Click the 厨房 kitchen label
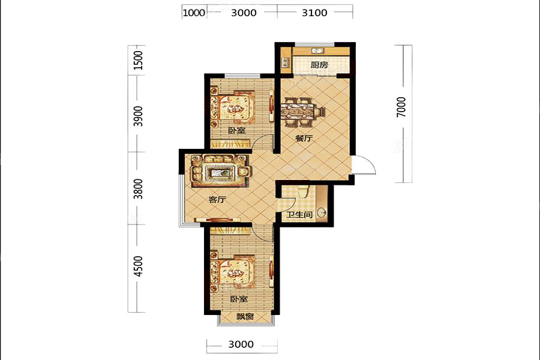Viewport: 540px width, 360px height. (319, 64)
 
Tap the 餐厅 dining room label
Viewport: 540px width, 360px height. (304, 139)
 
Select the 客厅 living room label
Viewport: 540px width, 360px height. (217, 199)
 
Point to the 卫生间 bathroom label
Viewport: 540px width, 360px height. (299, 214)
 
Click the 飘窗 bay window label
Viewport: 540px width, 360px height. (245, 316)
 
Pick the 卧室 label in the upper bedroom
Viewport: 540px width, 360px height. (237, 131)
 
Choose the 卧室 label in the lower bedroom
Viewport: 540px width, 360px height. (239, 299)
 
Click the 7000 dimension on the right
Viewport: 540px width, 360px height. (401, 107)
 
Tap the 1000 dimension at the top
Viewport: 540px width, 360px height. (194, 13)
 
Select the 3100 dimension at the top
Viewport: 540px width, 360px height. (314, 13)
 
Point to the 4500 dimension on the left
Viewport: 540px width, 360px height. (138, 266)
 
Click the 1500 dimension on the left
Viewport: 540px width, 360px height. (138, 60)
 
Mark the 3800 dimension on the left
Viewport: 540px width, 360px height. (138, 189)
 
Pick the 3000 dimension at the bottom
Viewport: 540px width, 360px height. (241, 344)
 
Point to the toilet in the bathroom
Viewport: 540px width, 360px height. (303, 191)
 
